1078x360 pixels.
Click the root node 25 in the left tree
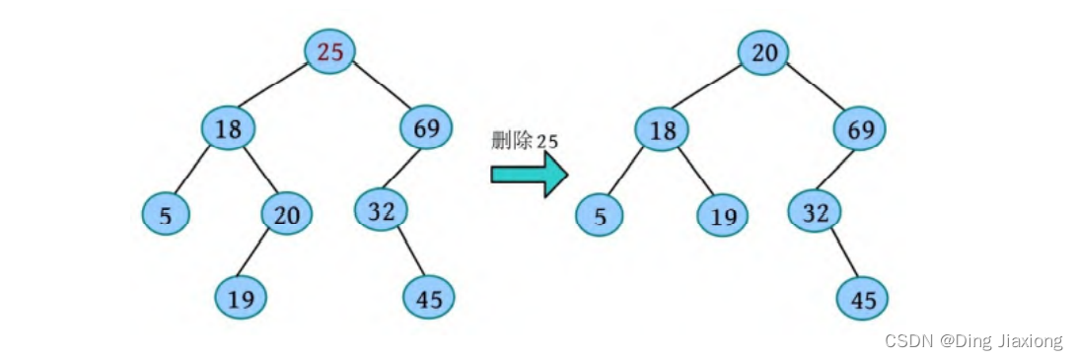(330, 51)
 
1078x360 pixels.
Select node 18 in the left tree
(228, 127)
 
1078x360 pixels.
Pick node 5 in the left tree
(166, 214)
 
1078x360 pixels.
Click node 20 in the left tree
(287, 213)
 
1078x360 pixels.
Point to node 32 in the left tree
(381, 210)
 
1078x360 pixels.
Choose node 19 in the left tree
(241, 296)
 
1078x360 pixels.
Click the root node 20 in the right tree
(764, 52)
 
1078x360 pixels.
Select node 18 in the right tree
(662, 129)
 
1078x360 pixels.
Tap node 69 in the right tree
(860, 128)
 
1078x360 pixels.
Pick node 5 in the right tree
(600, 215)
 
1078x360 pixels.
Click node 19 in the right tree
(723, 215)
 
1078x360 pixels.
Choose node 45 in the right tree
(863, 298)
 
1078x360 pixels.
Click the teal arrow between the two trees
(529, 175)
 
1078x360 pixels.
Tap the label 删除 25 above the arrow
(525, 140)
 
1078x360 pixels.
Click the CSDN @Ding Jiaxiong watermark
(972, 341)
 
